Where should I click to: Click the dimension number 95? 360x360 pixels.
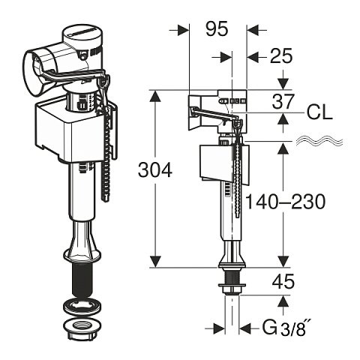pyautogui.click(x=217, y=28)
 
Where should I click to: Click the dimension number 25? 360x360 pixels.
pyautogui.click(x=281, y=56)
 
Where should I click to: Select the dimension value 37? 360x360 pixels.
pyautogui.click(x=283, y=101)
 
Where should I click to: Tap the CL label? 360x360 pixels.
pyautogui.click(x=319, y=112)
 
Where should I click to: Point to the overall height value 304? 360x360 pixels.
pyautogui.click(x=155, y=170)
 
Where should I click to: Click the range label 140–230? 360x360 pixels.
pyautogui.click(x=286, y=202)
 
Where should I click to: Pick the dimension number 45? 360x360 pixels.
pyautogui.click(x=283, y=282)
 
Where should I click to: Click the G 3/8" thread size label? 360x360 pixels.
pyautogui.click(x=287, y=328)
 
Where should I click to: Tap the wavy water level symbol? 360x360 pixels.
pyautogui.click(x=319, y=142)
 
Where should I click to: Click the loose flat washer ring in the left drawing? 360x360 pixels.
pyautogui.click(x=82, y=306)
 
